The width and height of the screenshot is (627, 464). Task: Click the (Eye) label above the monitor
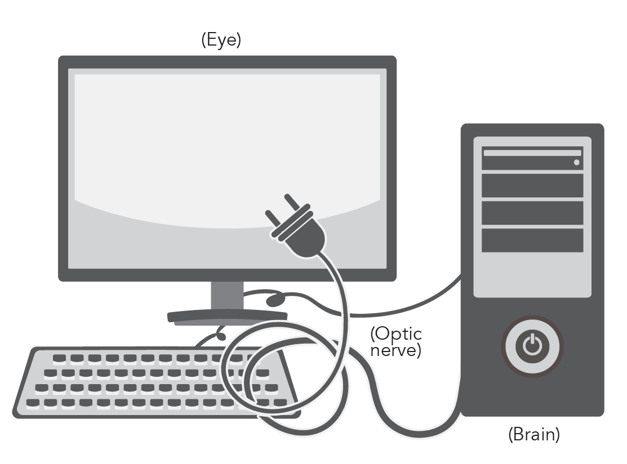221,41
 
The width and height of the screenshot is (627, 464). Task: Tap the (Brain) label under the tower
533,435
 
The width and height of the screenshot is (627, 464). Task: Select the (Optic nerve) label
396,342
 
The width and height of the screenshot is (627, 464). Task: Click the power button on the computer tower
532,345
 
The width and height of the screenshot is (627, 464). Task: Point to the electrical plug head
299,232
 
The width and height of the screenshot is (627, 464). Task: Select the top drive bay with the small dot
532,158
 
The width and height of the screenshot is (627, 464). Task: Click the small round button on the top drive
576,163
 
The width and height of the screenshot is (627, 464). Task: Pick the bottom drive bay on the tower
532,240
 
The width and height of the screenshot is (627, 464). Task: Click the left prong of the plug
273,220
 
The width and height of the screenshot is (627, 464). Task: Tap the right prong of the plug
293,202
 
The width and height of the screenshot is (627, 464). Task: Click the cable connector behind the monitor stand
275,299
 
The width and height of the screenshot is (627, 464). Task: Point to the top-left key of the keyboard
59,358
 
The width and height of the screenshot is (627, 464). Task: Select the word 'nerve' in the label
395,351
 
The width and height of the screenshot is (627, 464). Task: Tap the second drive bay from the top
532,186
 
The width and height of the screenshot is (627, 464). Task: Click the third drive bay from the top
532,213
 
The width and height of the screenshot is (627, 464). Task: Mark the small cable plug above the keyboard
221,336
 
